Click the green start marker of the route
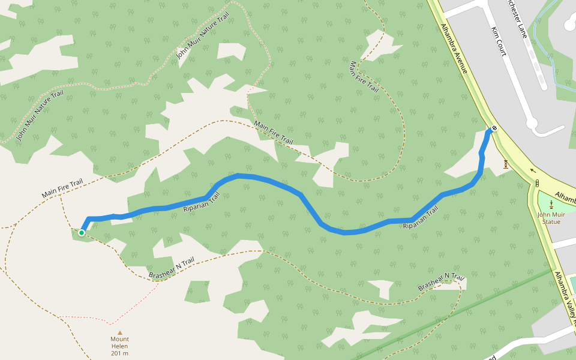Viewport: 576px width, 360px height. [x=82, y=232]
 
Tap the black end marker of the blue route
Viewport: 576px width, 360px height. [x=494, y=128]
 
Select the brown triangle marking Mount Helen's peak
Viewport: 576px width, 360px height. [x=119, y=332]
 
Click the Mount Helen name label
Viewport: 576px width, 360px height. [x=119, y=339]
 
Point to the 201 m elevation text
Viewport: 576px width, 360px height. [x=119, y=353]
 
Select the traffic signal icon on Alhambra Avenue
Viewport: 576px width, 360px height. [x=537, y=183]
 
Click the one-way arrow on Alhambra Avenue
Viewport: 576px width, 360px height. [x=533, y=170]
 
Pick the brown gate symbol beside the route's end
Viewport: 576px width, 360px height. [x=506, y=164]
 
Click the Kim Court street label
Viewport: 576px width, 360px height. [x=499, y=41]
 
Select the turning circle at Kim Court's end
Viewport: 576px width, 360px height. [x=532, y=124]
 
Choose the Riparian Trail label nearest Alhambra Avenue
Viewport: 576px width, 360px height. [x=421, y=217]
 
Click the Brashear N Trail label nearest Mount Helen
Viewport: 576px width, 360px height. [x=172, y=268]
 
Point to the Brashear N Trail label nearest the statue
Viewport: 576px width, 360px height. [x=442, y=282]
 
